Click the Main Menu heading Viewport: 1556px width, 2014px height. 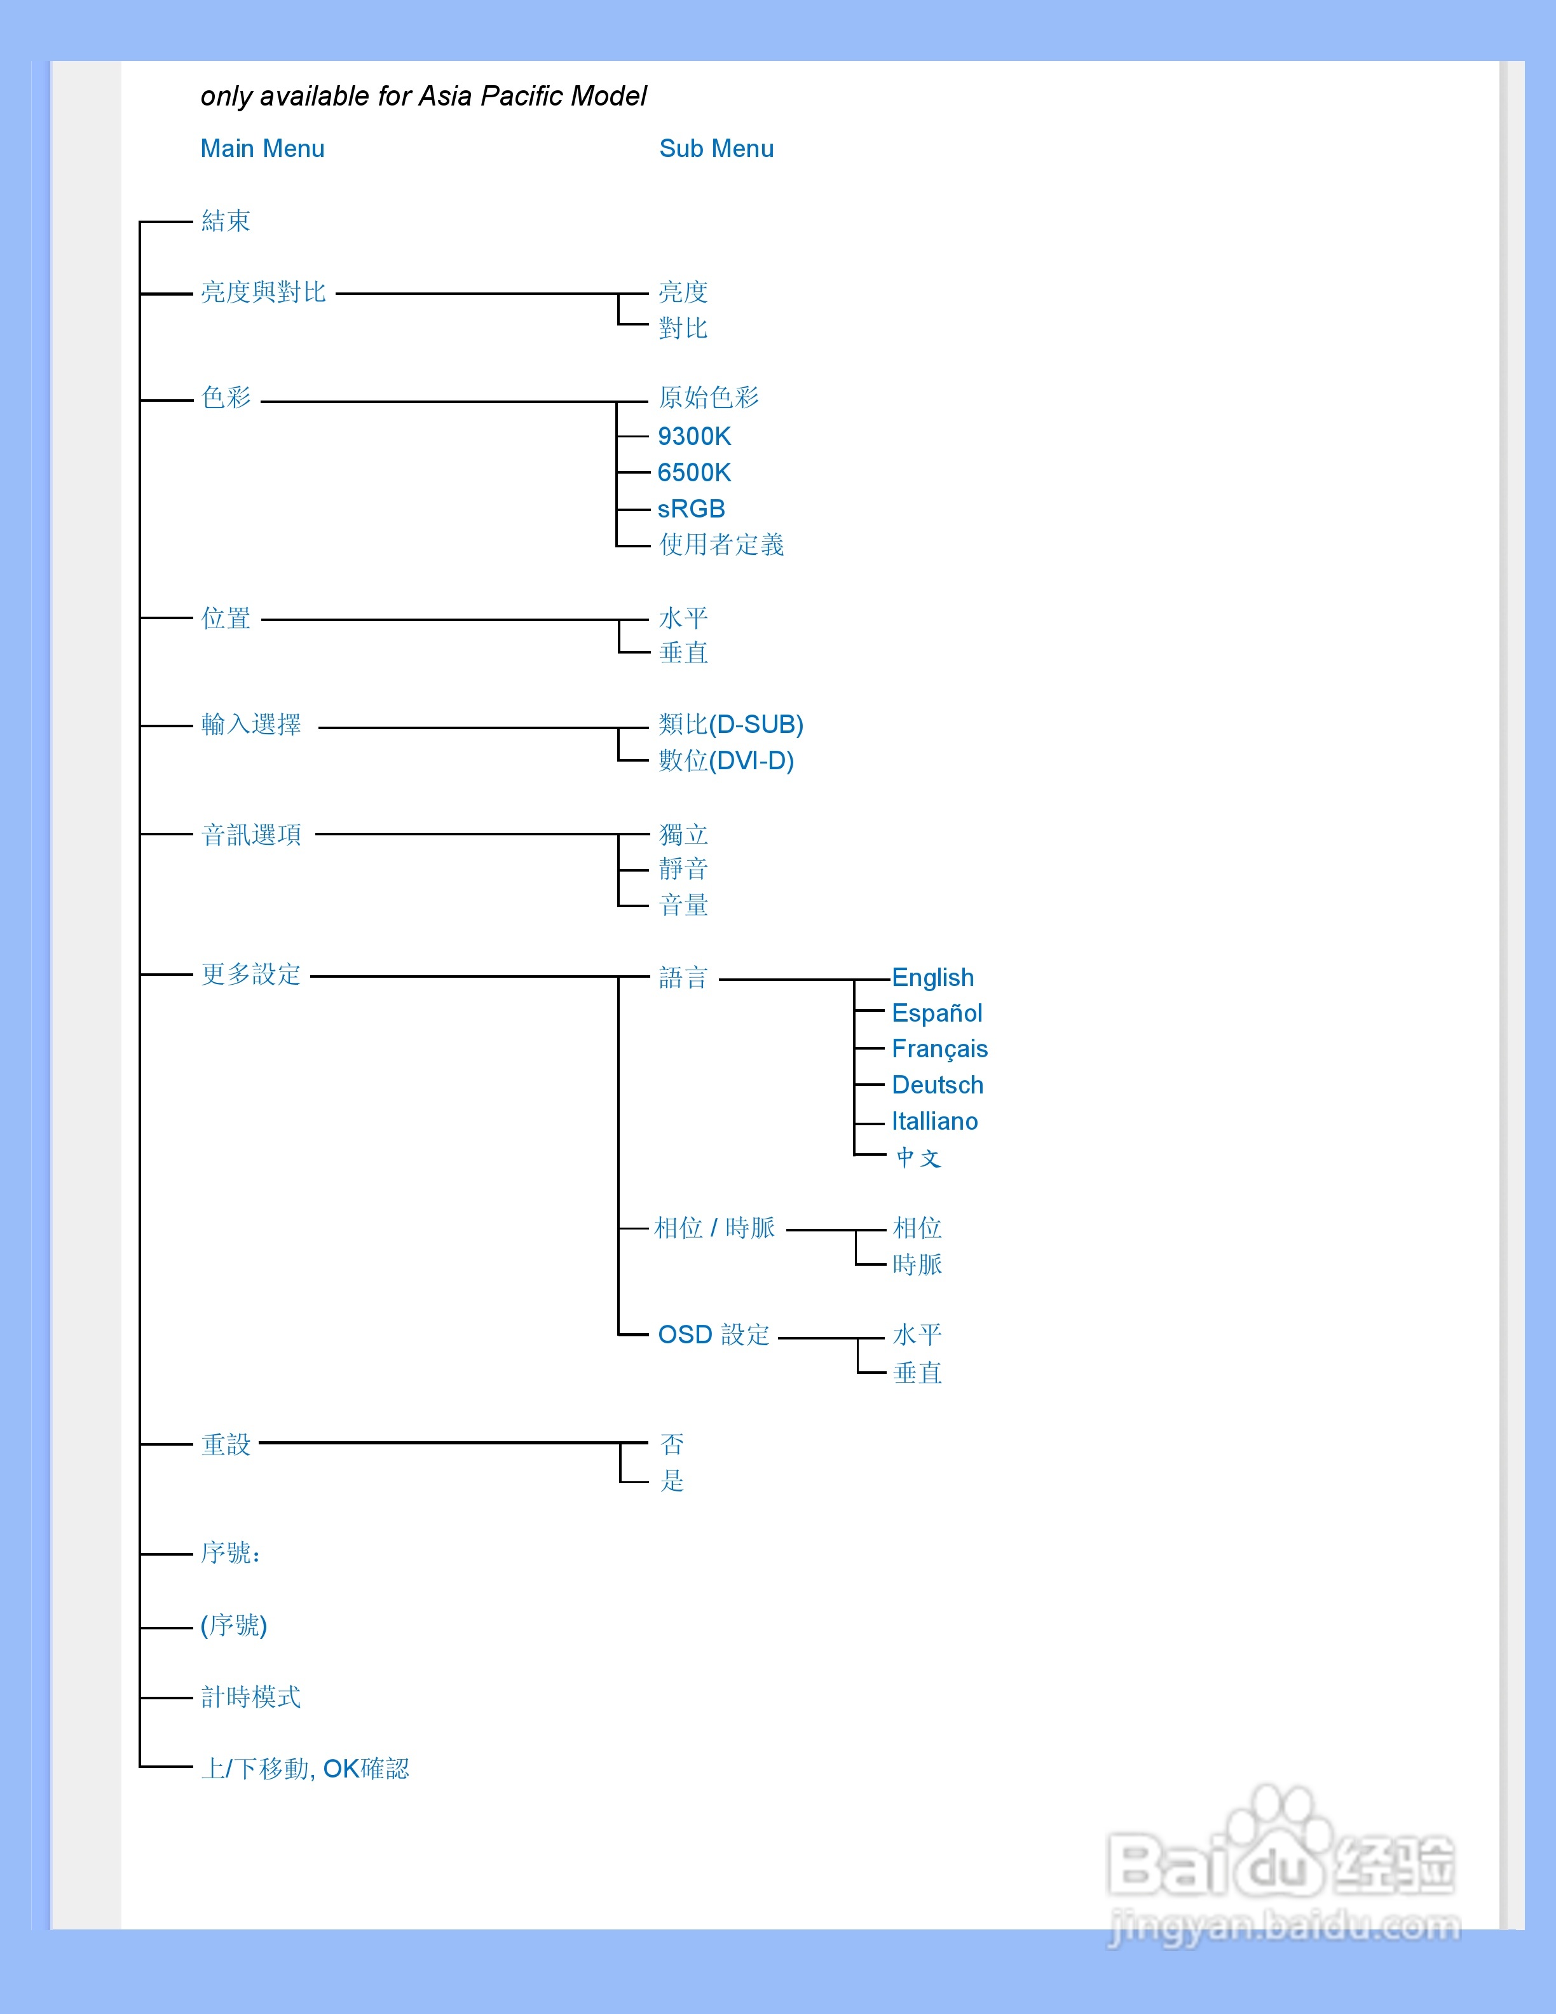tap(263, 149)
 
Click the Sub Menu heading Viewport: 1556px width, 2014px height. tap(716, 149)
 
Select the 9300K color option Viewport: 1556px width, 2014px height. tap(694, 436)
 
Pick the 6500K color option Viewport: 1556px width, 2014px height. tap(694, 472)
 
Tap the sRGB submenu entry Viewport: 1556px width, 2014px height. tap(692, 508)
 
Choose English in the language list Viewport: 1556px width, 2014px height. tap(933, 978)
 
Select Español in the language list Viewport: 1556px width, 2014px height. tap(936, 1013)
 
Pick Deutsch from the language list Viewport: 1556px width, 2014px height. tap(938, 1085)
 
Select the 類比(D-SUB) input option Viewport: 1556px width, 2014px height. tap(731, 725)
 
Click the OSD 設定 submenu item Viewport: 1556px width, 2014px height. tap(713, 1335)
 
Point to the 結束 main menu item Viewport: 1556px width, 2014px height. tap(226, 221)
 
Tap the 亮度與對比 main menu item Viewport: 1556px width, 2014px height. tap(264, 292)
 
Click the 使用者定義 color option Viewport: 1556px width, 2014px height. tap(722, 545)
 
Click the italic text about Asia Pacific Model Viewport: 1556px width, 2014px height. tap(423, 96)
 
